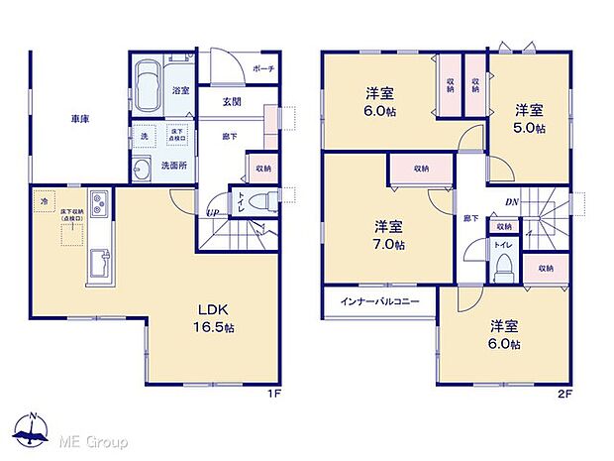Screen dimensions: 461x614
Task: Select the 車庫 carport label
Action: coord(80,120)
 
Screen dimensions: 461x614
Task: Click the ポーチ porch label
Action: coord(262,68)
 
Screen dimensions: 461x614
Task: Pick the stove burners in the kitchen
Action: coord(101,207)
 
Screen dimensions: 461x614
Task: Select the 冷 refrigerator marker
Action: coord(44,201)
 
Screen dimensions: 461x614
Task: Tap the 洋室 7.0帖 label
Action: coord(387,234)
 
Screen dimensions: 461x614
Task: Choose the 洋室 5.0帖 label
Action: coord(527,119)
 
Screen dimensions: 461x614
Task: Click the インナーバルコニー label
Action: coord(380,300)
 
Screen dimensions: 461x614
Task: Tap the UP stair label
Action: coord(212,212)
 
